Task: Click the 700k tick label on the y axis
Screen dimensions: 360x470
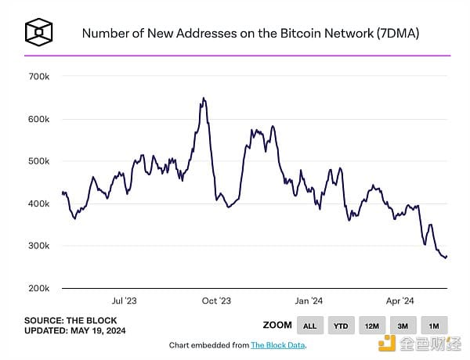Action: pyautogui.click(x=39, y=77)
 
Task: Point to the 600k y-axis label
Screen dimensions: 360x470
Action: pyautogui.click(x=39, y=119)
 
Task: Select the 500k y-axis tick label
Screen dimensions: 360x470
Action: pyautogui.click(x=39, y=161)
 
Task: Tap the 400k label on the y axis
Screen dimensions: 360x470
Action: pyautogui.click(x=39, y=203)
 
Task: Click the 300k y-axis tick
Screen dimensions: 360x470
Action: pyautogui.click(x=39, y=246)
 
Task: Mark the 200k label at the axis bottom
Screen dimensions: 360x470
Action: pyautogui.click(x=39, y=288)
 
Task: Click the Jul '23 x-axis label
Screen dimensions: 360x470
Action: pyautogui.click(x=125, y=301)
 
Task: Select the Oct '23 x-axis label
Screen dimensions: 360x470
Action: pyautogui.click(x=216, y=301)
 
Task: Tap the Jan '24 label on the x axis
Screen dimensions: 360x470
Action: pyautogui.click(x=309, y=301)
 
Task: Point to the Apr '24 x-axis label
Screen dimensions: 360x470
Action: pyautogui.click(x=400, y=301)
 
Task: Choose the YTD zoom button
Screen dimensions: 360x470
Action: pyautogui.click(x=342, y=326)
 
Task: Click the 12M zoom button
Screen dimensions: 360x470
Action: pyautogui.click(x=372, y=326)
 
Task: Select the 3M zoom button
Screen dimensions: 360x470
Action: pyautogui.click(x=403, y=326)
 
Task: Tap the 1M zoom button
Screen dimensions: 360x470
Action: pyautogui.click(x=433, y=326)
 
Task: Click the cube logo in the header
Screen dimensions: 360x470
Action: pyautogui.click(x=38, y=33)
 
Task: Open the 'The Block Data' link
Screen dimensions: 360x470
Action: pyautogui.click(x=279, y=345)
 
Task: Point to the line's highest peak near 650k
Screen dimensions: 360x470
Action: pyautogui.click(x=204, y=99)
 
